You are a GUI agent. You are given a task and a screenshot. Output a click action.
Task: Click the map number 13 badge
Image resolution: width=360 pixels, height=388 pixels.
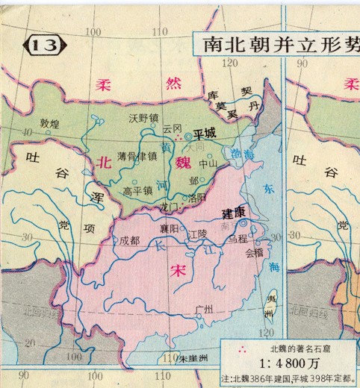click(x=43, y=46)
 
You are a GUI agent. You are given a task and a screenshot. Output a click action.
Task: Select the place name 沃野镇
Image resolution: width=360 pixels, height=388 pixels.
click(x=143, y=118)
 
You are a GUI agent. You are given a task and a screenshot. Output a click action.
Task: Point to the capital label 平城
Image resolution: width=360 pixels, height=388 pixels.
click(x=204, y=134)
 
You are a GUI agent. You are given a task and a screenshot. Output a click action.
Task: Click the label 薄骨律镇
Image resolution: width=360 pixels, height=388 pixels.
click(x=137, y=156)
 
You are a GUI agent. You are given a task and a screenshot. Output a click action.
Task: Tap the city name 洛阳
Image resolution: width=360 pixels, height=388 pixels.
click(x=196, y=198)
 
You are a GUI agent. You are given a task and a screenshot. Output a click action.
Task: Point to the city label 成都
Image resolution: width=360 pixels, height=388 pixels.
click(x=129, y=241)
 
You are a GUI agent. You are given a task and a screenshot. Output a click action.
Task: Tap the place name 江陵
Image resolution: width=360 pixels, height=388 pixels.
click(x=198, y=234)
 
